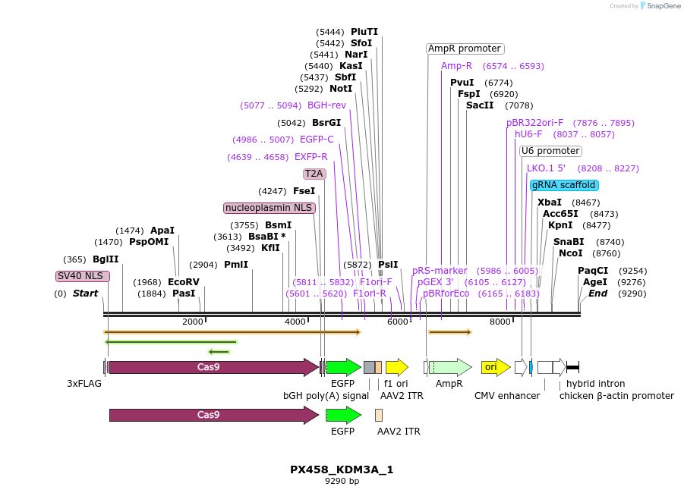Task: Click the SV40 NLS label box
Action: pyautogui.click(x=83, y=276)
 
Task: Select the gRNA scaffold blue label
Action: pyautogui.click(x=564, y=185)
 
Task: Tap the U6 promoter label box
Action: pyautogui.click(x=550, y=151)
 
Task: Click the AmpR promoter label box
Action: pyautogui.click(x=465, y=49)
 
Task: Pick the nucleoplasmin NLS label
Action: pyautogui.click(x=269, y=208)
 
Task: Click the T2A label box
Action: pyautogui.click(x=314, y=174)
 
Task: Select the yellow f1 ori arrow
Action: pyautogui.click(x=396, y=368)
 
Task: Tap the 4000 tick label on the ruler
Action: pyautogui.click(x=295, y=322)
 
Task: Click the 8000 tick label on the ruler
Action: pyautogui.click(x=500, y=322)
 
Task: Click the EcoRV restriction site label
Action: pyautogui.click(x=184, y=282)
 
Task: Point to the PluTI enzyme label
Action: pyautogui.click(x=364, y=32)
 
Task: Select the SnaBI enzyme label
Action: pyautogui.click(x=567, y=242)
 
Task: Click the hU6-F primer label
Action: pyautogui.click(x=528, y=134)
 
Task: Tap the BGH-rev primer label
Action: pyautogui.click(x=326, y=105)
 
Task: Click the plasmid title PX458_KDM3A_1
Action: pyautogui.click(x=342, y=469)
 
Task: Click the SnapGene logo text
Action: pyautogui.click(x=663, y=6)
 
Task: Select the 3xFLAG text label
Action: pyautogui.click(x=84, y=384)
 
